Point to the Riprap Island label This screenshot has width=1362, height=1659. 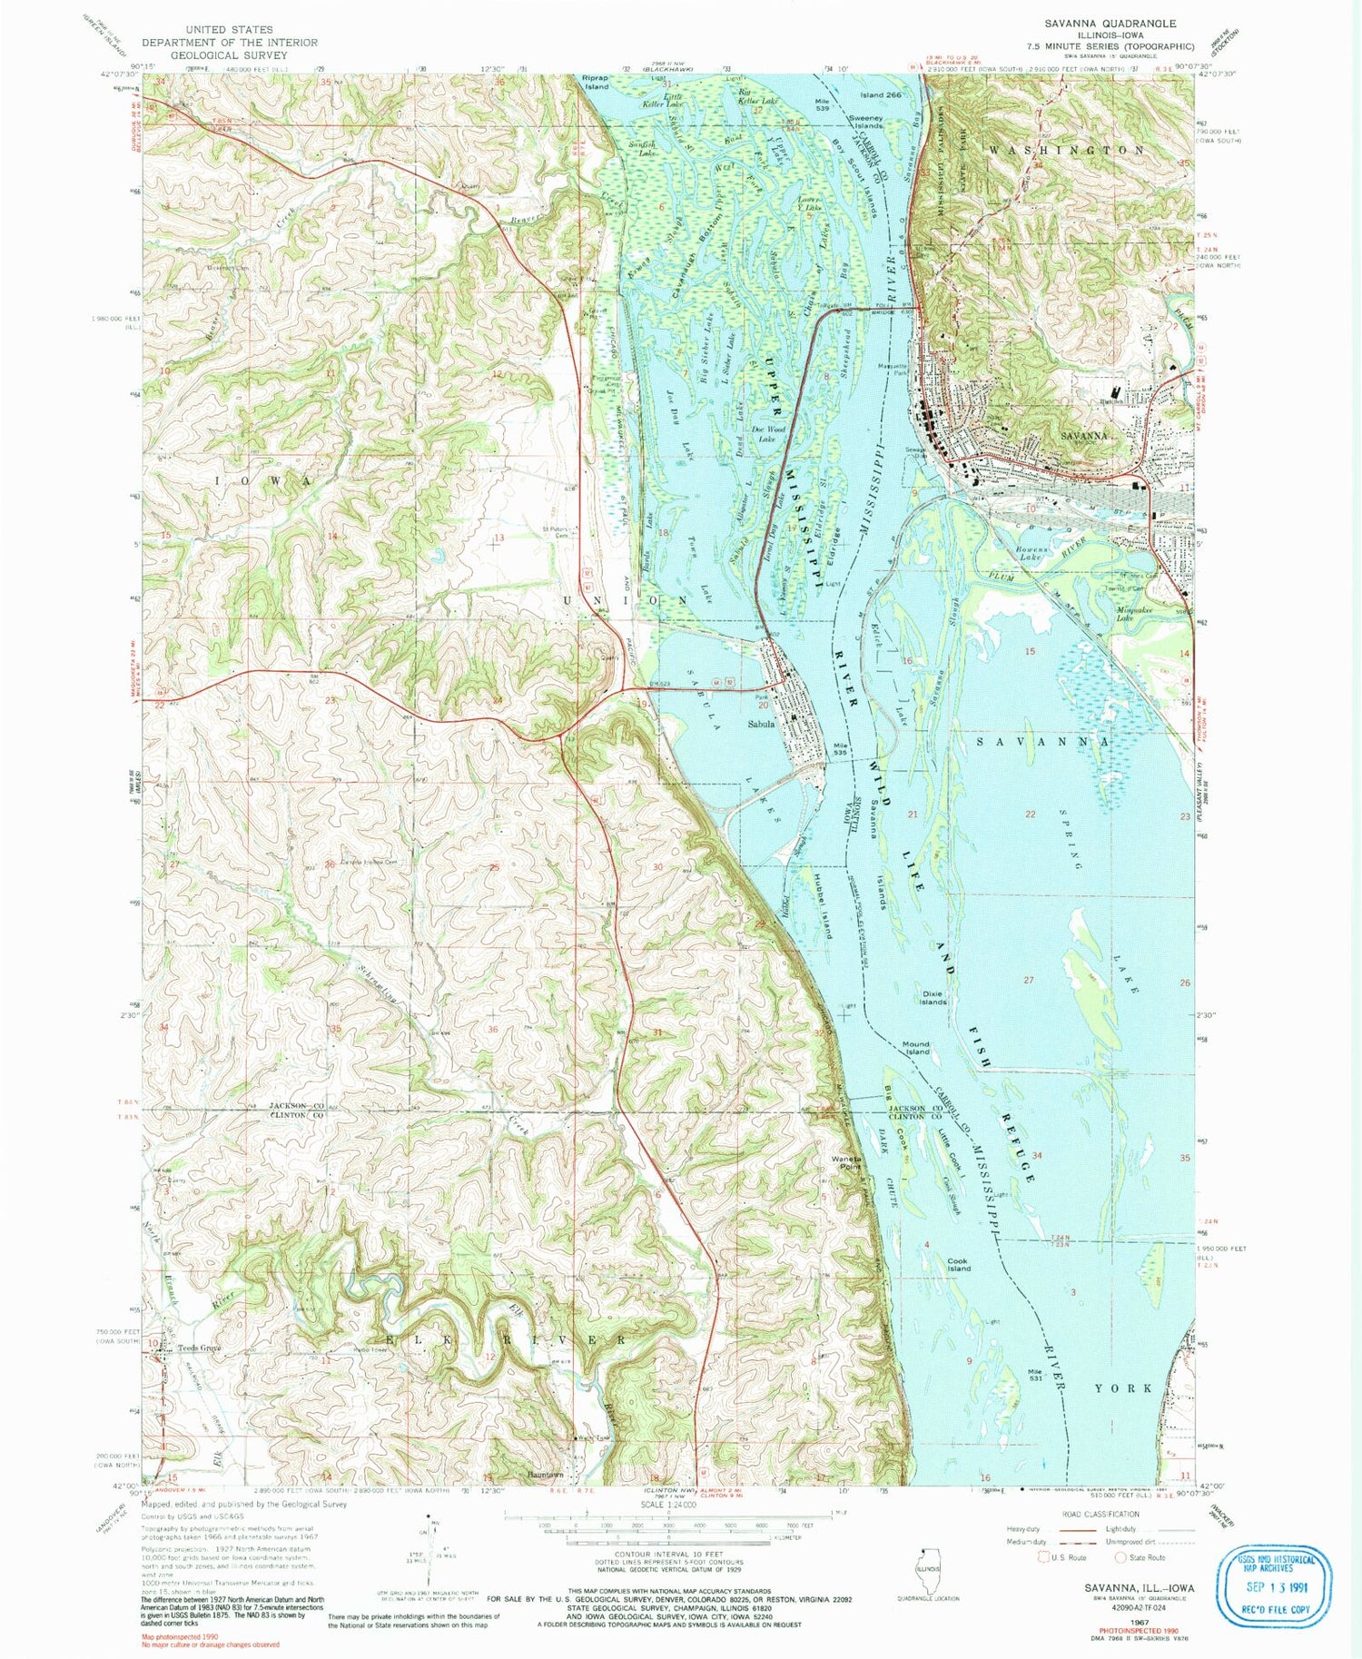click(x=597, y=83)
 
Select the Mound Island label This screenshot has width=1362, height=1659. click(x=916, y=1048)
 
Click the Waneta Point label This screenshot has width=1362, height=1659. click(x=846, y=1162)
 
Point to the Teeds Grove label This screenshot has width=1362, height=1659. click(x=199, y=1348)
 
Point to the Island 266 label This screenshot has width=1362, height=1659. click(x=881, y=94)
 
